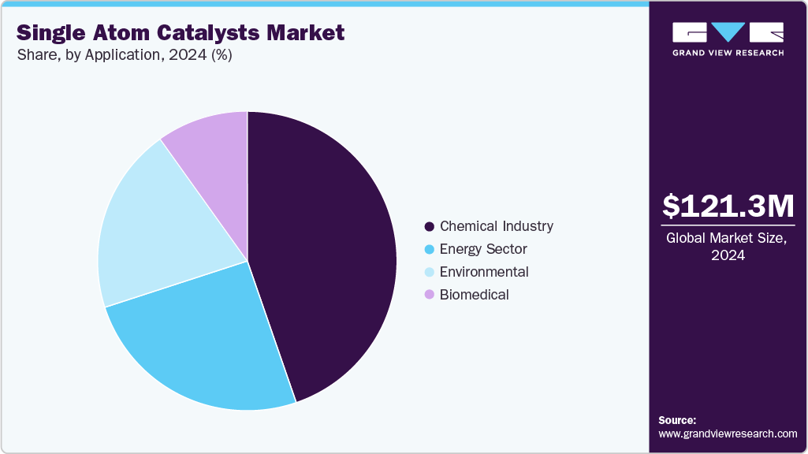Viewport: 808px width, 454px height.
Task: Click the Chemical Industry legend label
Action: pos(497,226)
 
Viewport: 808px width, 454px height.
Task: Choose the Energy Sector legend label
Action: pos(483,249)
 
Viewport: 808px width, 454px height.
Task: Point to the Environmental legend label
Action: pos(484,272)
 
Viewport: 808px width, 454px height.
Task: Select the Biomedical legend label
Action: pos(474,295)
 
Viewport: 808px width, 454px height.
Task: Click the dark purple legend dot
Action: pos(429,227)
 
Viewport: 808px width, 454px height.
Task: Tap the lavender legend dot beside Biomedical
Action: pos(429,295)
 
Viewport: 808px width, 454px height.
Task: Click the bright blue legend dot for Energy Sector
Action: pos(429,250)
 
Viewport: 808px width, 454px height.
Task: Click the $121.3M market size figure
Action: pos(728,206)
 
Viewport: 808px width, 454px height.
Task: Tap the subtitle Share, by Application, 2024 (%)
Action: pos(124,56)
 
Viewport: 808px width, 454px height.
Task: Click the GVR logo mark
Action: pos(728,32)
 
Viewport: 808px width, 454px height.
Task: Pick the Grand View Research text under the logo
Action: pos(728,53)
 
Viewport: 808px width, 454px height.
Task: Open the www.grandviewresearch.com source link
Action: pos(728,434)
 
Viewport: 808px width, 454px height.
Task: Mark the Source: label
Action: pos(677,420)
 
